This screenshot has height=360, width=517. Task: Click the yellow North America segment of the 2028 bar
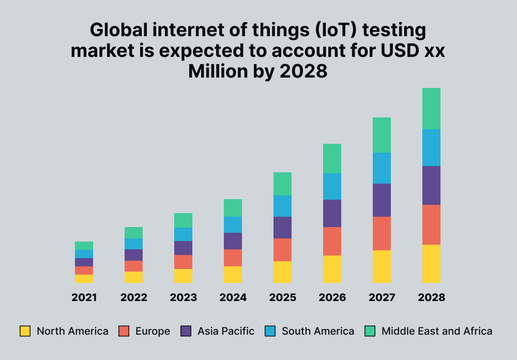(431, 264)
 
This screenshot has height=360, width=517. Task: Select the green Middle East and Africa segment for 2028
(431, 109)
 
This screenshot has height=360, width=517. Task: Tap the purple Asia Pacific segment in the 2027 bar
(382, 200)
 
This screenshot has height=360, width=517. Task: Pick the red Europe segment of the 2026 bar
(332, 241)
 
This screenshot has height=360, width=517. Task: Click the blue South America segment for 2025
(282, 206)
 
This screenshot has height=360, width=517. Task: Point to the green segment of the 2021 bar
(84, 246)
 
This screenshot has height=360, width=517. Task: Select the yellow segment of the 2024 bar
(233, 275)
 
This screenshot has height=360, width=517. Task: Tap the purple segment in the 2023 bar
(183, 248)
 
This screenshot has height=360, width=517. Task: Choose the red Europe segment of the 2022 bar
(133, 266)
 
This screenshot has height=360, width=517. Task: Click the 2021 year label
(84, 297)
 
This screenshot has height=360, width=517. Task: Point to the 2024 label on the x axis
(233, 297)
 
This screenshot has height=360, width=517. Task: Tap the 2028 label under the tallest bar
(431, 297)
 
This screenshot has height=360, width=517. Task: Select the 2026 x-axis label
(332, 297)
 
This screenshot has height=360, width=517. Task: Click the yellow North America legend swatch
(25, 331)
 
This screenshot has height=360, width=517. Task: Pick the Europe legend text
(153, 331)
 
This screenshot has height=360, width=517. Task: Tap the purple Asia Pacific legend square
(186, 331)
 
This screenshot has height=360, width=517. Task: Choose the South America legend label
(318, 331)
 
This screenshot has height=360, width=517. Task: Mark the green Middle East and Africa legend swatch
(370, 331)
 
